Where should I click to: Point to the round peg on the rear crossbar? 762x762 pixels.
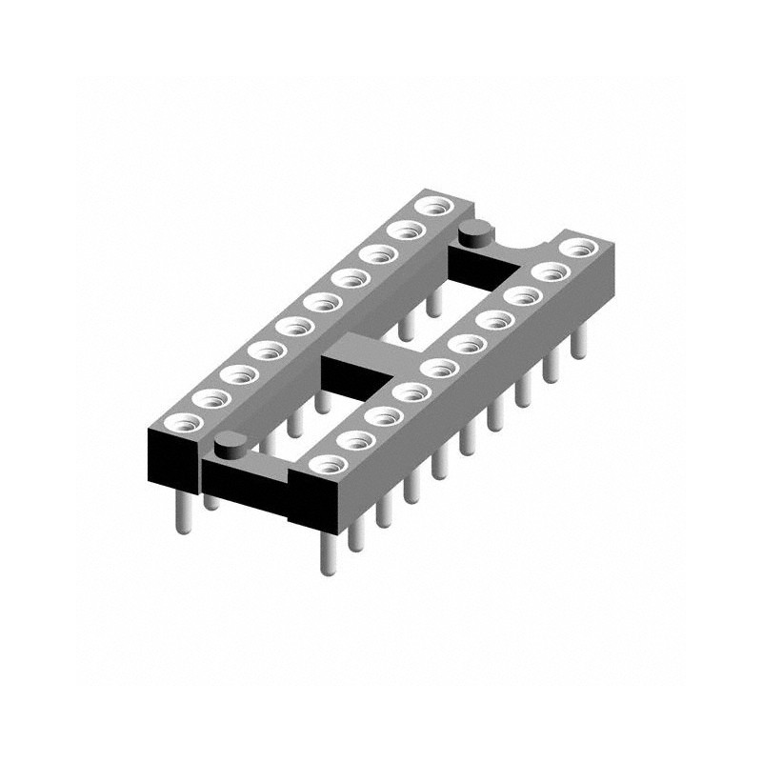click(473, 231)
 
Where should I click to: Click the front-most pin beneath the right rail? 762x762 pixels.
click(324, 552)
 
